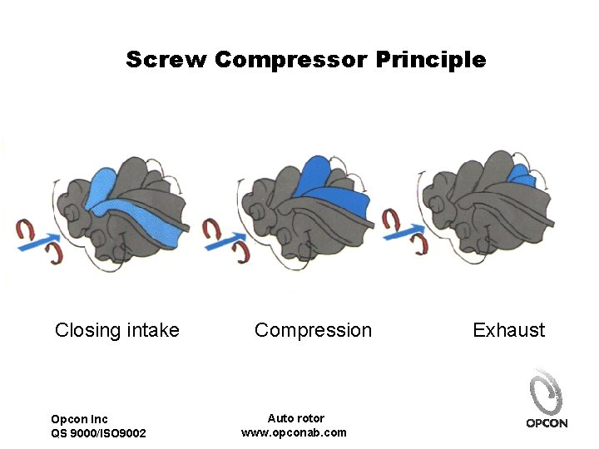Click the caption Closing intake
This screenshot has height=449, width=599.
117,330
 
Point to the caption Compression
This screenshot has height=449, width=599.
313,330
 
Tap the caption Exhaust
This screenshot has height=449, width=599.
508,330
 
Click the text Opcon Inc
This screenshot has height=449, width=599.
79,419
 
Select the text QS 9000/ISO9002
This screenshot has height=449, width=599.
98,433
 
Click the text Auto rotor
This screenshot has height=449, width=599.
296,418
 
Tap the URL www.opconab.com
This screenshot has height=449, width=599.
294,432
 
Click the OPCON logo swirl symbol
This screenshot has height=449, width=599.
546,392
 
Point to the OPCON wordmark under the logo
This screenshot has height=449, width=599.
547,423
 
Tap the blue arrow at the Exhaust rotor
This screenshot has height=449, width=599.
406,233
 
